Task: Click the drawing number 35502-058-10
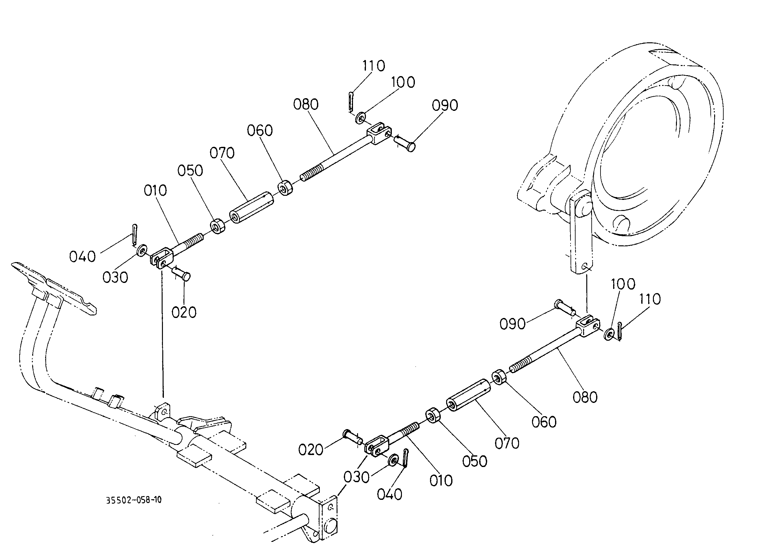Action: click(x=134, y=500)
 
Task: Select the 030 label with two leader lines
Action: click(x=357, y=477)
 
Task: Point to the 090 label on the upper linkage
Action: click(x=445, y=105)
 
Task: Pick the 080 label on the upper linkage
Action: click(x=306, y=104)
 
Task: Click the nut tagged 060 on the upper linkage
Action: click(x=285, y=188)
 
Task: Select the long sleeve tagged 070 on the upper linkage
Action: click(x=251, y=207)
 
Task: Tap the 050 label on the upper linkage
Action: click(x=190, y=171)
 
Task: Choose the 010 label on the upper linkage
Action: click(x=155, y=190)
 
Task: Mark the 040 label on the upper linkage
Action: click(x=82, y=256)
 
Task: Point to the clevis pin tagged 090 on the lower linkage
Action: click(x=565, y=307)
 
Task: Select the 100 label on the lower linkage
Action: click(x=623, y=284)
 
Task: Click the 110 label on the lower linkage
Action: click(x=650, y=299)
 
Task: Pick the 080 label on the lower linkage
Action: click(x=585, y=397)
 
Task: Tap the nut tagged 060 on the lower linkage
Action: click(x=500, y=377)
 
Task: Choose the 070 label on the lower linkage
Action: click(x=507, y=443)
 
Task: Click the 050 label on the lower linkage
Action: click(x=475, y=461)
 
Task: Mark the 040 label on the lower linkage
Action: click(x=390, y=494)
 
